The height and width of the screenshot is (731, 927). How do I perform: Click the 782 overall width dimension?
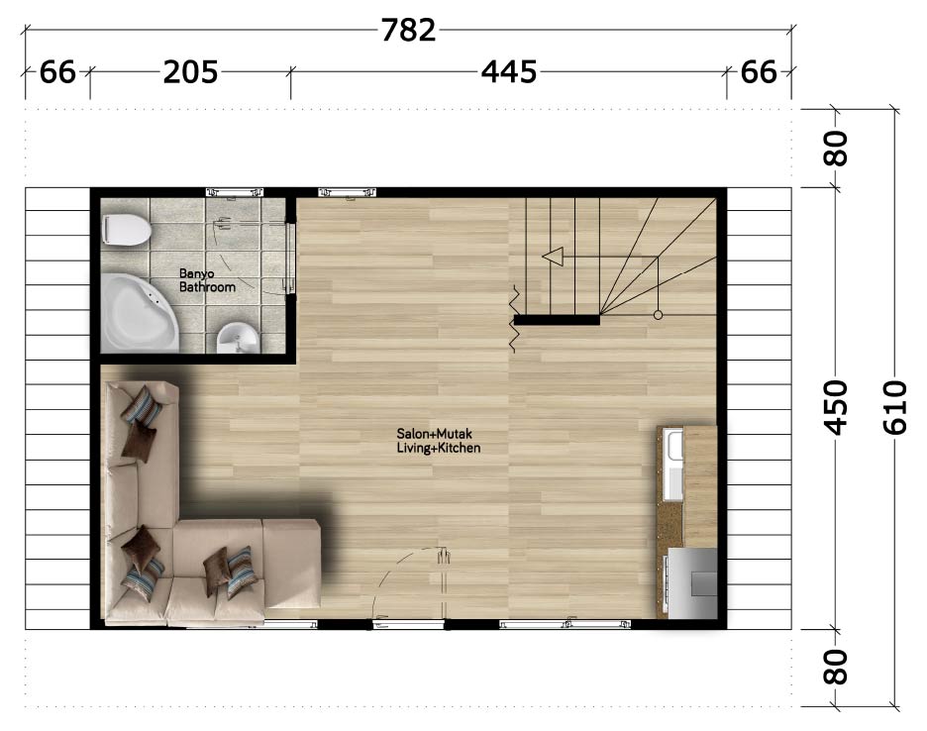tap(408, 30)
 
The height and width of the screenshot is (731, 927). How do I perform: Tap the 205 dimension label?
tap(190, 72)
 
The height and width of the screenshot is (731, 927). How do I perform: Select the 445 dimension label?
tap(508, 72)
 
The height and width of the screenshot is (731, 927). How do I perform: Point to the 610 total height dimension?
tap(894, 408)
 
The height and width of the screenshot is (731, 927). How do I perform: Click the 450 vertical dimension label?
tap(835, 408)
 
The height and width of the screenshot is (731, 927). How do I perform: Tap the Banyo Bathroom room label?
tap(207, 280)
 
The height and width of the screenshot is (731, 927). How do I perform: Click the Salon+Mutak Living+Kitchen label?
tap(438, 441)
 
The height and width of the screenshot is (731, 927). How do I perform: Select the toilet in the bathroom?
tap(126, 230)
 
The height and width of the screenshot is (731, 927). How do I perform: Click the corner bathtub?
tap(139, 313)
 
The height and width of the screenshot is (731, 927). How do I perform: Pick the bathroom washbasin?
tap(238, 339)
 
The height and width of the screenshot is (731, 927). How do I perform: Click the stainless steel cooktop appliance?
tap(691, 583)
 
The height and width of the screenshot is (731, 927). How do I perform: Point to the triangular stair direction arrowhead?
tap(553, 257)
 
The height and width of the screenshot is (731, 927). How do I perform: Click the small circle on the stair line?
tap(658, 315)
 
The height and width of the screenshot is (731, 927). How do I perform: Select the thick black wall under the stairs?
tap(557, 320)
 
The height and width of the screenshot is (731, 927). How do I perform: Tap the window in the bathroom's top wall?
tap(234, 192)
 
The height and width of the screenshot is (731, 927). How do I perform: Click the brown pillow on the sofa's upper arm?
tap(139, 438)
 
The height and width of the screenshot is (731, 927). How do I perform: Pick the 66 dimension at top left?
tap(57, 72)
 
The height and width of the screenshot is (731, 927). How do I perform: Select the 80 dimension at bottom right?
tap(835, 668)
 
